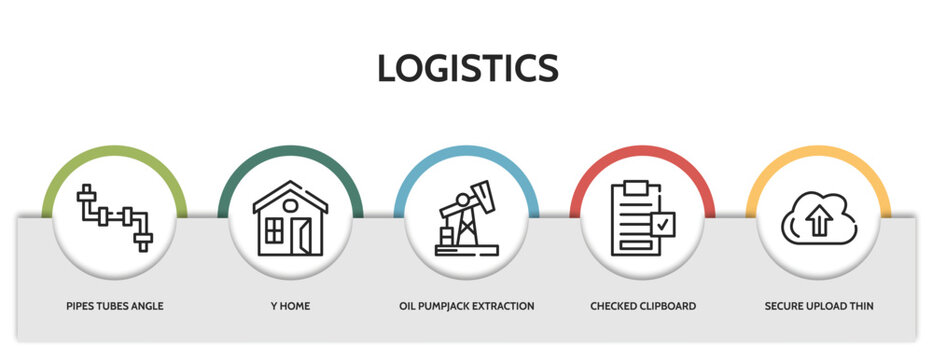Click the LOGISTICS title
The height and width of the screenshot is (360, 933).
tap(467, 68)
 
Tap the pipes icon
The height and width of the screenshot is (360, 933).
tap(114, 217)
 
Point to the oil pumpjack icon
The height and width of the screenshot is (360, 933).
tap(466, 219)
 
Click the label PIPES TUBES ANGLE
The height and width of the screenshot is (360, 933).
tap(114, 305)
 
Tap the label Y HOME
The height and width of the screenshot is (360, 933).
tap(290, 305)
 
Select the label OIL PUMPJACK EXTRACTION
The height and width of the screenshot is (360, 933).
tap(466, 305)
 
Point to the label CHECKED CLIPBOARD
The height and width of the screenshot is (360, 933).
tap(643, 305)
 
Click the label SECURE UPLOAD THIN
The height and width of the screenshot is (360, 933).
tap(819, 305)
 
